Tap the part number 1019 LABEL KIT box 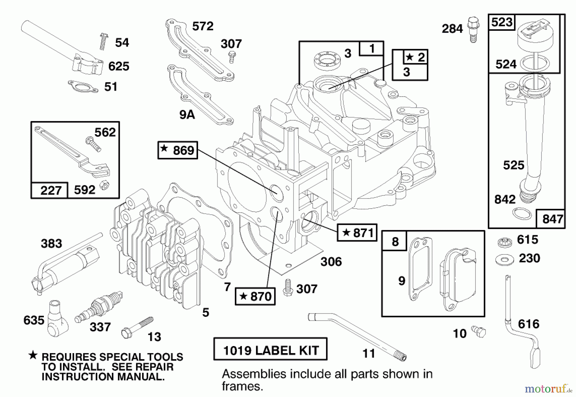(x=270, y=349)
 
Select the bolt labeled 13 (x=137, y=327)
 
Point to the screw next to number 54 (x=103, y=42)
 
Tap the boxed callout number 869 (x=178, y=150)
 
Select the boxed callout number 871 (x=357, y=232)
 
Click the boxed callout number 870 (x=255, y=296)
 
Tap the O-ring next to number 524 (x=533, y=63)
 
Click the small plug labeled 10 (x=479, y=331)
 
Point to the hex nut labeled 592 (x=104, y=185)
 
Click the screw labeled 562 (x=93, y=144)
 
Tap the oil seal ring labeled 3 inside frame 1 (x=326, y=60)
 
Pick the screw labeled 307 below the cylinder (x=288, y=288)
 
